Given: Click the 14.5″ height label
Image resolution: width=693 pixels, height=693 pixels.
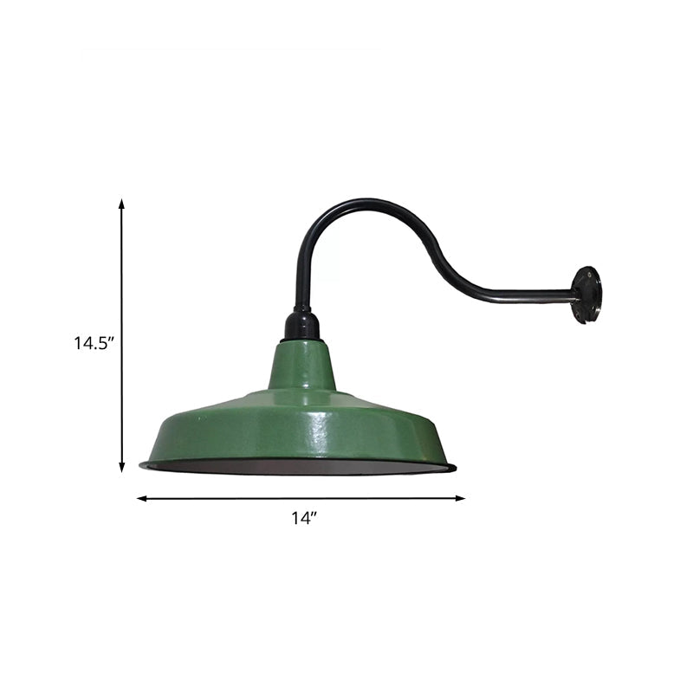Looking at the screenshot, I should (94, 342).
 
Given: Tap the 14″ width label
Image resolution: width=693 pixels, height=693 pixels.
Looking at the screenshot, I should (304, 519).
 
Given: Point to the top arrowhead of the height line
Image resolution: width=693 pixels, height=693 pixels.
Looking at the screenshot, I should (121, 204).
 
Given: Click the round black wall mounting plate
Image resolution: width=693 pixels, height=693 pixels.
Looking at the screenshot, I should (586, 295).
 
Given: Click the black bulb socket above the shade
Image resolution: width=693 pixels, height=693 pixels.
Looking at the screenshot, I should (302, 327).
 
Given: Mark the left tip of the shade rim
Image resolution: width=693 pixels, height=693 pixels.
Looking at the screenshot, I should (142, 465).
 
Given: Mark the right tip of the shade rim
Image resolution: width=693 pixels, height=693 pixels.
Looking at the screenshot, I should (454, 469).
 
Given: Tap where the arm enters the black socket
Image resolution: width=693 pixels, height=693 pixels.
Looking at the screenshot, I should (301, 309).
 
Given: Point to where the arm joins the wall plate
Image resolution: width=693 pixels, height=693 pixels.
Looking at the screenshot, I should (574, 299).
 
